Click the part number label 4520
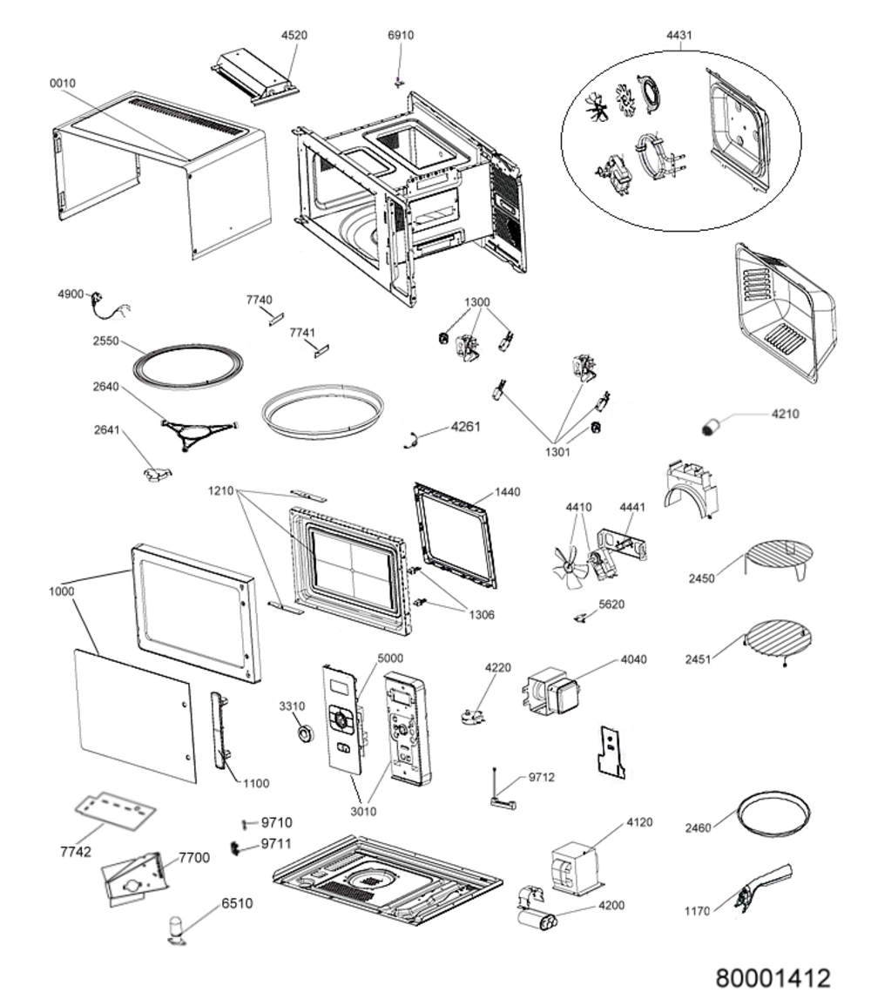coord(294,36)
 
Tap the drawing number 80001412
coord(773,978)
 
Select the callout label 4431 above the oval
coord(679,36)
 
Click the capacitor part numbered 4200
coord(537,919)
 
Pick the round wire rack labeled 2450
coord(780,559)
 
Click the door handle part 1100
coord(220,729)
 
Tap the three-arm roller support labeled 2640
coord(199,435)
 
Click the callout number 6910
coord(400,36)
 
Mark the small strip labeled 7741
coord(321,350)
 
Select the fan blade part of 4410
coord(570,564)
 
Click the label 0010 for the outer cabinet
coord(62,83)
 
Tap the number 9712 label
coord(542,778)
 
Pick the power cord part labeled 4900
coord(108,305)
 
